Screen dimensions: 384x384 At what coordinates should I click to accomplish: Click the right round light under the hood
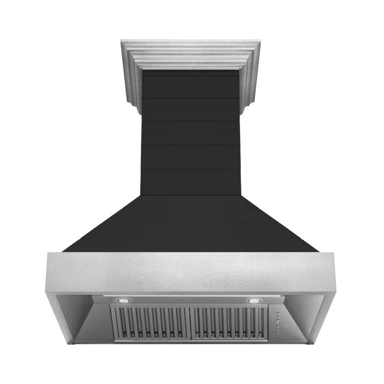click(252, 301)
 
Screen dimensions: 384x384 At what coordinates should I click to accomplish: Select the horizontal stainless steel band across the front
click(191, 272)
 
